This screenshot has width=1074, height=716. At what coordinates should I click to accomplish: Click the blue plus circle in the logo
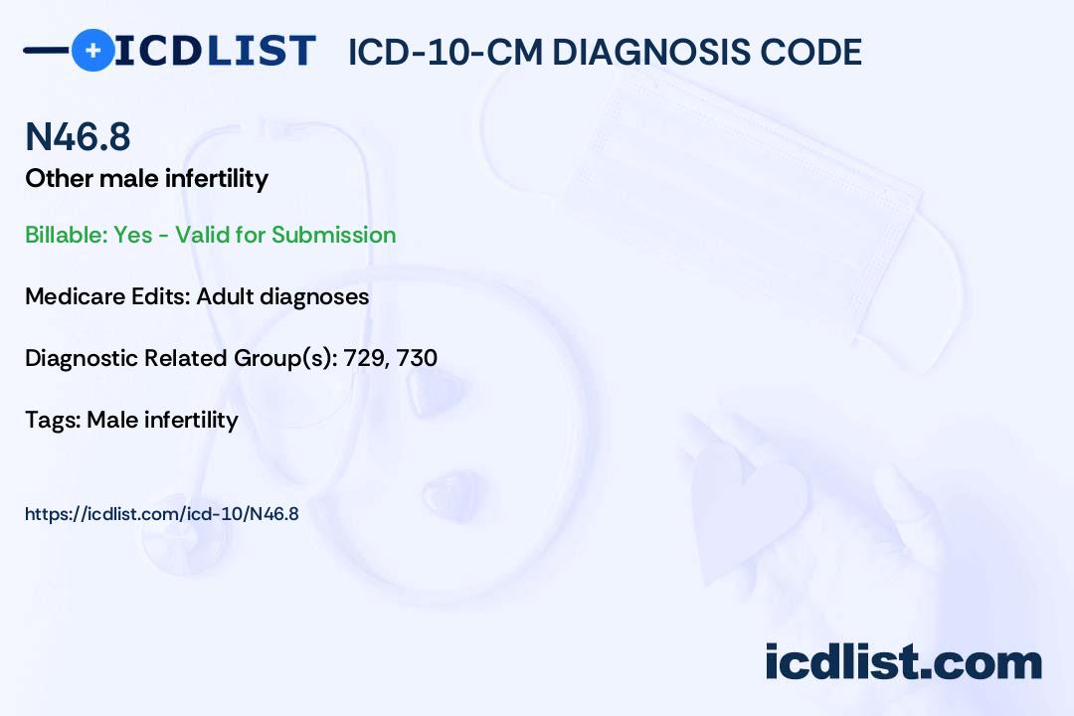(92, 50)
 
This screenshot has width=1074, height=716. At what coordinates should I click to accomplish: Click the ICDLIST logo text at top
(215, 50)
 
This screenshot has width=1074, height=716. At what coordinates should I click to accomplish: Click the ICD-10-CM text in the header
(445, 52)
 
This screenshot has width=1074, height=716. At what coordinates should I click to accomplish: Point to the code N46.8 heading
(78, 137)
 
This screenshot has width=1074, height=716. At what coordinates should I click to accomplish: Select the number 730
(417, 358)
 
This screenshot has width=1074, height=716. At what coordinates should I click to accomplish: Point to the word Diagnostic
(82, 358)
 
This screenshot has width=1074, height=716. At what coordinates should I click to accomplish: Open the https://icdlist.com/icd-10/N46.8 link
(161, 514)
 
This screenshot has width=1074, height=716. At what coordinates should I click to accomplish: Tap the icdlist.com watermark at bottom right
(903, 662)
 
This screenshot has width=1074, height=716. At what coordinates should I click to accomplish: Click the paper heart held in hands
(751, 507)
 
